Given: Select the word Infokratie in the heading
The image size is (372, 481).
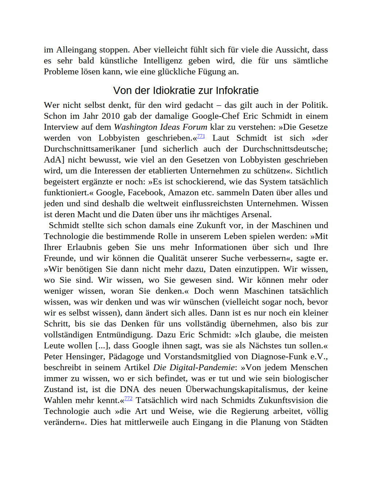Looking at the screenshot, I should [x=237, y=90].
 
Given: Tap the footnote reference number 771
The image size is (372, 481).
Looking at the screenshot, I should [x=201, y=136].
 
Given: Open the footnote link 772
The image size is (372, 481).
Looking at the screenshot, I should [x=128, y=399].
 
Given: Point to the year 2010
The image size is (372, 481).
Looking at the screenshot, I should [x=111, y=116].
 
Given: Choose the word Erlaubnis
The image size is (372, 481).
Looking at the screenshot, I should [x=84, y=247].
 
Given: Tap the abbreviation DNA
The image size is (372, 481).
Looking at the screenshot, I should [x=129, y=389].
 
